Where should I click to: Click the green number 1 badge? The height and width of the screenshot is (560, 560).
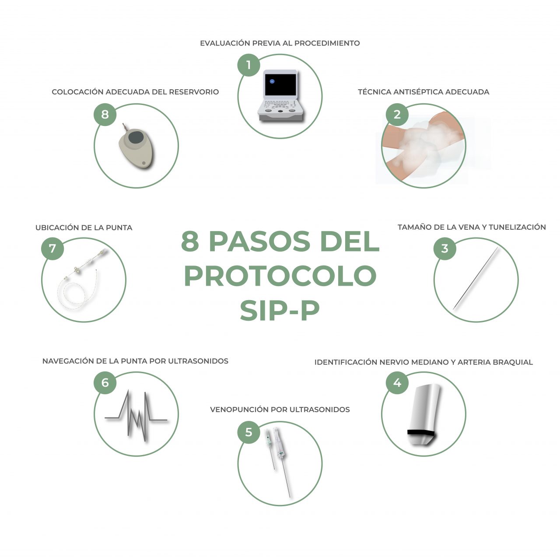(x=248, y=65)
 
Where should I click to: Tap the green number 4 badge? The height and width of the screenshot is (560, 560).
(x=397, y=383)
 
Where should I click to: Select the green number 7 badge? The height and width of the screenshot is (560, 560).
(x=52, y=248)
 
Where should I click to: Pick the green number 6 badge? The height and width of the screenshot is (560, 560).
(x=105, y=383)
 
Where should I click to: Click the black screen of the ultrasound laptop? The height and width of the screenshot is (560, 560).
(x=280, y=84)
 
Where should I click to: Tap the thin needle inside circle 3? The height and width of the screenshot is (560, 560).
(x=476, y=279)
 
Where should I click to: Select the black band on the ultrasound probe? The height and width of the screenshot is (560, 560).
(x=421, y=433)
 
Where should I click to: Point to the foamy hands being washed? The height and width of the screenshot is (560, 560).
(x=422, y=147)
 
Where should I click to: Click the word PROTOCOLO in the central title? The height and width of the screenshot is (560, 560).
(x=280, y=276)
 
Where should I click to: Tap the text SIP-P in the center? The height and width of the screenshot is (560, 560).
(x=280, y=310)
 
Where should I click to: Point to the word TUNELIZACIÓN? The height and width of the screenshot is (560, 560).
(x=517, y=227)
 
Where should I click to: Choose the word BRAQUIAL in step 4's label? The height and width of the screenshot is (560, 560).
(x=513, y=362)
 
